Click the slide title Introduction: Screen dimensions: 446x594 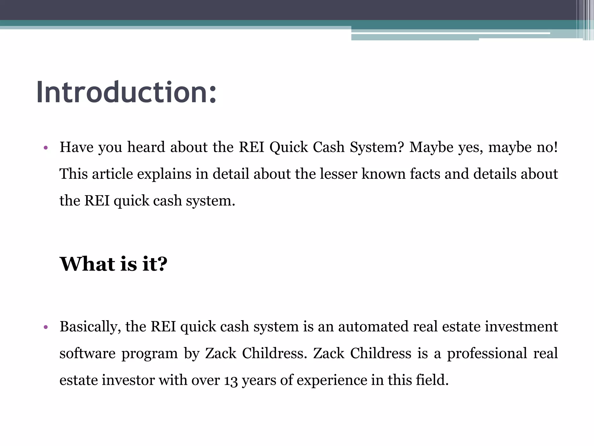126,92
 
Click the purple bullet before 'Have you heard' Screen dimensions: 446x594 45,148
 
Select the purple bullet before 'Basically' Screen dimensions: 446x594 45,327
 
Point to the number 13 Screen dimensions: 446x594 231,380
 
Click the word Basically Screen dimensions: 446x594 90,327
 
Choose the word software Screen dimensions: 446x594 87,353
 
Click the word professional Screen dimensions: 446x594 487,353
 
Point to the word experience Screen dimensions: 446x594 332,380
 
